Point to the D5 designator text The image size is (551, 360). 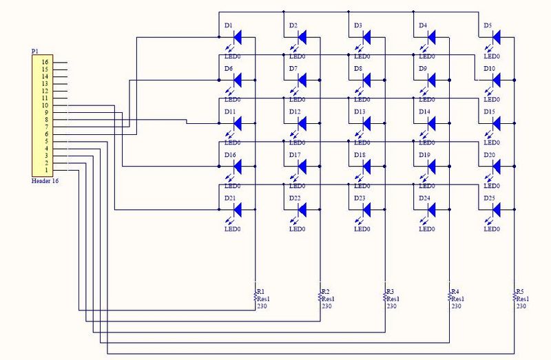tap(488, 26)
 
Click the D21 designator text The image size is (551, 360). tap(229, 198)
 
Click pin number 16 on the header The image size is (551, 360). tap(44, 63)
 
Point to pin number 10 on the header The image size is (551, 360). tap(44, 105)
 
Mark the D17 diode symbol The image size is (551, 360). tap(301, 166)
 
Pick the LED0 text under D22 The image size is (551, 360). tap(298, 229)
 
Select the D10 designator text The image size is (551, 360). tap(489, 69)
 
